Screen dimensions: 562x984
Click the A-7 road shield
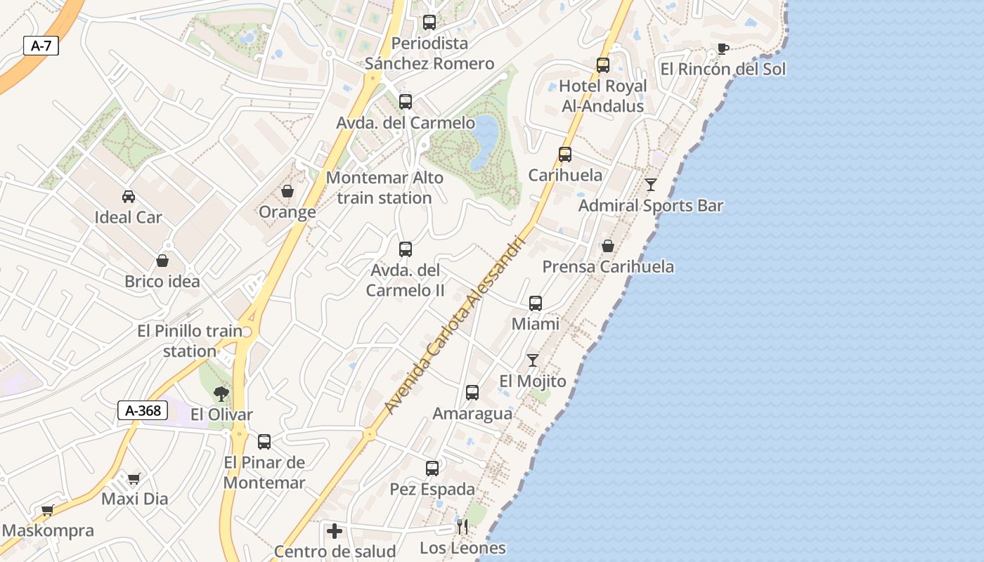41,46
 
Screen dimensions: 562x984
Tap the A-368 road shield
143,410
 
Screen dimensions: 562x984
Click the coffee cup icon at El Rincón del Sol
723,48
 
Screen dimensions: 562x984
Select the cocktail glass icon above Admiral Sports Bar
651,185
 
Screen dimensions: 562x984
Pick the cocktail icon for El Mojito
533,360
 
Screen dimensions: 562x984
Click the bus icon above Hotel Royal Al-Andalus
603,65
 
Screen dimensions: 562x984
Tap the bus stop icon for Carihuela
565,155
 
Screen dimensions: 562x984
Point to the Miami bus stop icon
536,303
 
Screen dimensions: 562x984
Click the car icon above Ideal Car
129,197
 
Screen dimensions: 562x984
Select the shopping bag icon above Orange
287,191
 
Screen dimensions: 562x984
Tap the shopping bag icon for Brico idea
162,261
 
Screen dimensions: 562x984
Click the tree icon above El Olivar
221,393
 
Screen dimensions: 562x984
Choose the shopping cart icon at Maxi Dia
134,478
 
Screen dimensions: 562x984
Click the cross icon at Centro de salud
335,530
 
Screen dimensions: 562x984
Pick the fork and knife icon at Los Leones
462,527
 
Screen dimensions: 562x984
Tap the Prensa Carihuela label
608,267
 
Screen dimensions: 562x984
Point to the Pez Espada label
432,489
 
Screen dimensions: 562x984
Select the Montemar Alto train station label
384,188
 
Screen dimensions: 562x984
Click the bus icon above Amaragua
472,393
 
